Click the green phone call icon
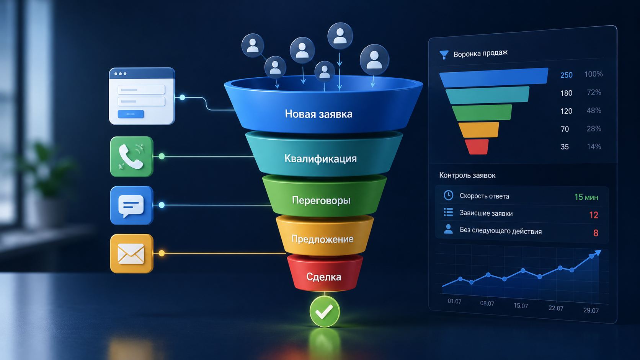132,156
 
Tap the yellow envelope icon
132,254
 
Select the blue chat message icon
132,205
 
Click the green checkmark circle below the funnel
325,311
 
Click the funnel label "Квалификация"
320,158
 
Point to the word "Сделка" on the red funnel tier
323,277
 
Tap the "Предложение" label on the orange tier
322,239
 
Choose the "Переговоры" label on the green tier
321,200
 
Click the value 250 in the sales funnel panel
566,75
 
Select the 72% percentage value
594,92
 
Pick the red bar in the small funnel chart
477,147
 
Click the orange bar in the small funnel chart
479,130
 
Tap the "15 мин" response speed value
586,197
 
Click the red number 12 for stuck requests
594,215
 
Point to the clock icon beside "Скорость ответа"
448,195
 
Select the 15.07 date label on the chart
521,306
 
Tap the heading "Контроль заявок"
467,175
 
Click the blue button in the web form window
131,114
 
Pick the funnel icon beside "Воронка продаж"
444,55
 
